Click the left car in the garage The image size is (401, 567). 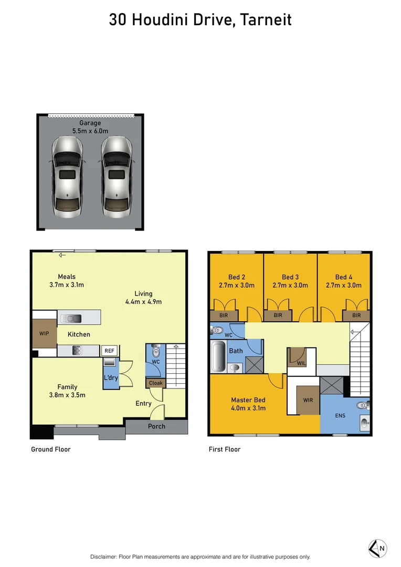pyautogui.click(x=67, y=177)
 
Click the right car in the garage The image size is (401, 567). pyautogui.click(x=115, y=177)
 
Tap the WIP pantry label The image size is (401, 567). pyautogui.click(x=44, y=333)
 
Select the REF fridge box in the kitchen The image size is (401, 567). pyautogui.click(x=109, y=351)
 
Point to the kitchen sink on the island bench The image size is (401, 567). pyautogui.click(x=70, y=318)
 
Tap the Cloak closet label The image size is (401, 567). pyautogui.click(x=156, y=383)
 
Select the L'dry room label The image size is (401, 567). pyautogui.click(x=111, y=378)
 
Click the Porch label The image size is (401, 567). pyautogui.click(x=156, y=426)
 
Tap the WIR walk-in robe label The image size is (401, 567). pyautogui.click(x=308, y=400)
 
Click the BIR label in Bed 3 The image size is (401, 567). pyautogui.click(x=278, y=316)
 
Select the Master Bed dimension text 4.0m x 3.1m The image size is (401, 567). pyautogui.click(x=248, y=408)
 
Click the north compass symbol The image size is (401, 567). pyautogui.click(x=378, y=549)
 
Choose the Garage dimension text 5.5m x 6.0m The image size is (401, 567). pyautogui.click(x=90, y=131)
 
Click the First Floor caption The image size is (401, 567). pyautogui.click(x=225, y=449)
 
